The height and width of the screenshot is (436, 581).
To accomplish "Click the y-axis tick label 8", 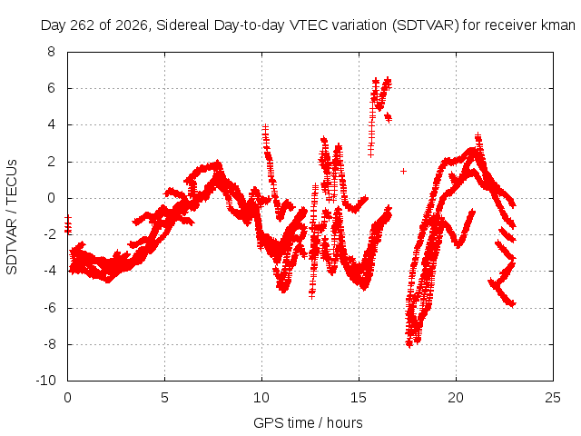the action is (51, 52).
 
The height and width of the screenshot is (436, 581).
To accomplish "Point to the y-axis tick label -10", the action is (45, 381).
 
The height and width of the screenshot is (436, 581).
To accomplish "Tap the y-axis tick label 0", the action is (51, 198).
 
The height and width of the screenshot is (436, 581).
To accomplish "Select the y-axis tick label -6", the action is (49, 308).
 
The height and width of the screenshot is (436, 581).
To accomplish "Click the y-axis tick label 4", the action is (51, 124).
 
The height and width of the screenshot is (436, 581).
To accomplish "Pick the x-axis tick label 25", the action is (553, 398).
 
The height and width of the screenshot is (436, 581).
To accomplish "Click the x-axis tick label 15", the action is (359, 398).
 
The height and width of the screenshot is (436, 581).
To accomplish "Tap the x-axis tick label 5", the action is (164, 398).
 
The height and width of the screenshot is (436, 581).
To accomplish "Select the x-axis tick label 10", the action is (261, 398).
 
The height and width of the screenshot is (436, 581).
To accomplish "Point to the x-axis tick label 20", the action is (456, 398).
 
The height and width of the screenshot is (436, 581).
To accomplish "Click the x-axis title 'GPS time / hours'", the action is (308, 423).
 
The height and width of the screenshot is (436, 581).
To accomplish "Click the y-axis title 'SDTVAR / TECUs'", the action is (12, 217).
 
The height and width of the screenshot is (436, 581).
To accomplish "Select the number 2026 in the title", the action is (132, 25).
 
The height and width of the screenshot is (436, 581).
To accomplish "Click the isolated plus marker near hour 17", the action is (403, 172).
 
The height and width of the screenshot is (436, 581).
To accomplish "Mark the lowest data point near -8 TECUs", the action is (409, 345).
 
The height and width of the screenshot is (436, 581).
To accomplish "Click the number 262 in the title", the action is (83, 25).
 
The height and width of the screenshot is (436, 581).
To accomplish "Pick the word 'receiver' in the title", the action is (510, 25).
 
